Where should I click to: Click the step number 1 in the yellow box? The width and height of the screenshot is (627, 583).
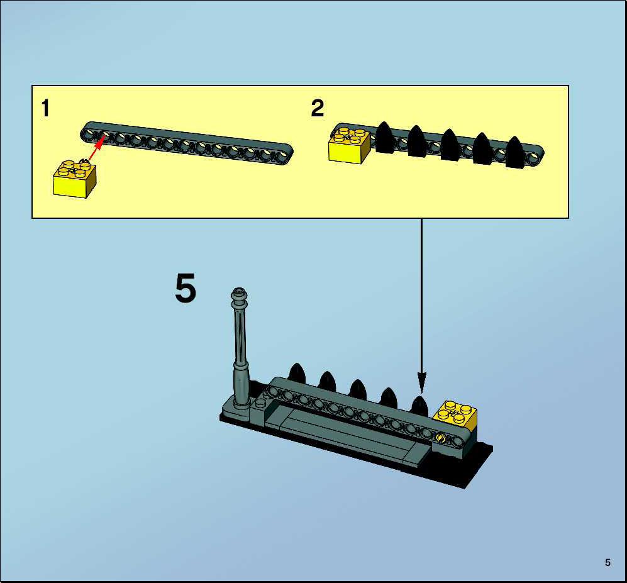(45, 108)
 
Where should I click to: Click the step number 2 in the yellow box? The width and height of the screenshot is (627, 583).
(318, 108)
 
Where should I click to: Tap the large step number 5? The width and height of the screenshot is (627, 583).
(186, 287)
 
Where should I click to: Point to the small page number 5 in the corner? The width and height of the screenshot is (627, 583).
(608, 563)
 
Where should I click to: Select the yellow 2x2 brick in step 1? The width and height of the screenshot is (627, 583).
(75, 179)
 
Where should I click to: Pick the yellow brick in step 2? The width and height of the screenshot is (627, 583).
(349, 144)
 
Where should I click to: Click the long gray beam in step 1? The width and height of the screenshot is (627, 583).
(187, 143)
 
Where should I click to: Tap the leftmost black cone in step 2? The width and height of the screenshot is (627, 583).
(385, 137)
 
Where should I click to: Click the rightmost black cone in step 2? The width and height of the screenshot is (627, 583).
(514, 152)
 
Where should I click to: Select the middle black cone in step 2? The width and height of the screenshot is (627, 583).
(450, 145)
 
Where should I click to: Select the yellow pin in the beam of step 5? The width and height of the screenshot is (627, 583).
(441, 438)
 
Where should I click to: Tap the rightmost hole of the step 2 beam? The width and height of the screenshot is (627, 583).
(533, 158)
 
